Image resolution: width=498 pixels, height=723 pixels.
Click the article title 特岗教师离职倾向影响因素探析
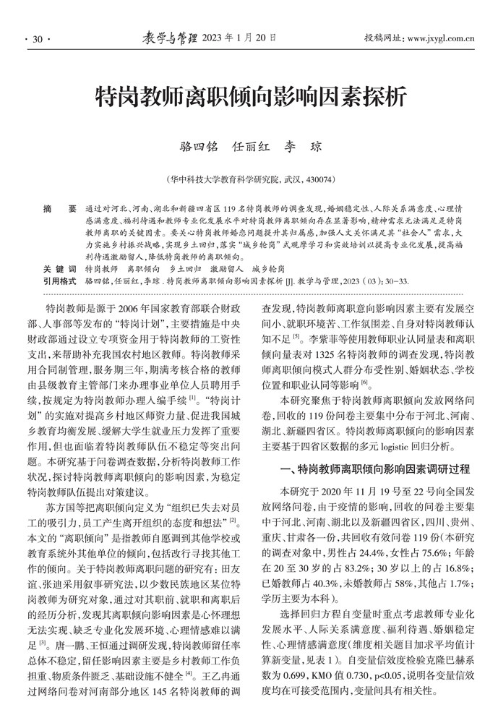pos(249,96)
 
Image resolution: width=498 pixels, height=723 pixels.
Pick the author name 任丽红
pos(250,146)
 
